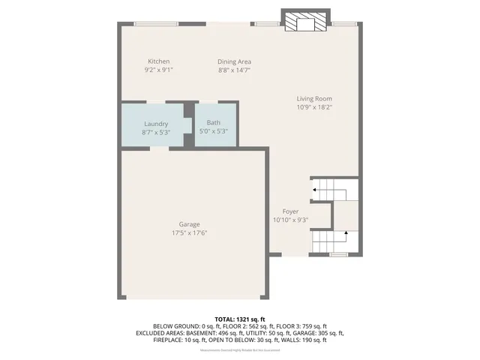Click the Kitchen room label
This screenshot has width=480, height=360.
tap(158, 61)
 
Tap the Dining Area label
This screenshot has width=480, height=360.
tap(234, 61)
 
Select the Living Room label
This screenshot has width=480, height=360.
tap(313, 98)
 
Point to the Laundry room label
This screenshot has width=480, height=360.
tap(156, 124)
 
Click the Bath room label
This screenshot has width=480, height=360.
tap(214, 123)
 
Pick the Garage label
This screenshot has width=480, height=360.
tap(189, 224)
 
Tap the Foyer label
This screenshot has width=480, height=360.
tap(290, 211)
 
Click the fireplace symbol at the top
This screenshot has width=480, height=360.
tap(305, 22)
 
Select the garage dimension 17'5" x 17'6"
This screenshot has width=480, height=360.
tap(189, 232)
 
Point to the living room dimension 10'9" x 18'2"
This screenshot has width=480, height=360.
tap(313, 106)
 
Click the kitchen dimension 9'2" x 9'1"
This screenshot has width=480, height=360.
tap(158, 70)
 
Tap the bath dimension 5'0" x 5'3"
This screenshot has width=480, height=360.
tap(214, 131)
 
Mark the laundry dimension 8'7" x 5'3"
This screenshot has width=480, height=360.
tap(156, 132)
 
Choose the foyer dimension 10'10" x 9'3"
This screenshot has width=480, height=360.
tap(290, 220)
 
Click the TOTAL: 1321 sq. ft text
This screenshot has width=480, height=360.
tap(240, 319)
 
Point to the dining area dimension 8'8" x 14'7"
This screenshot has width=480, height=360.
tap(234, 70)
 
